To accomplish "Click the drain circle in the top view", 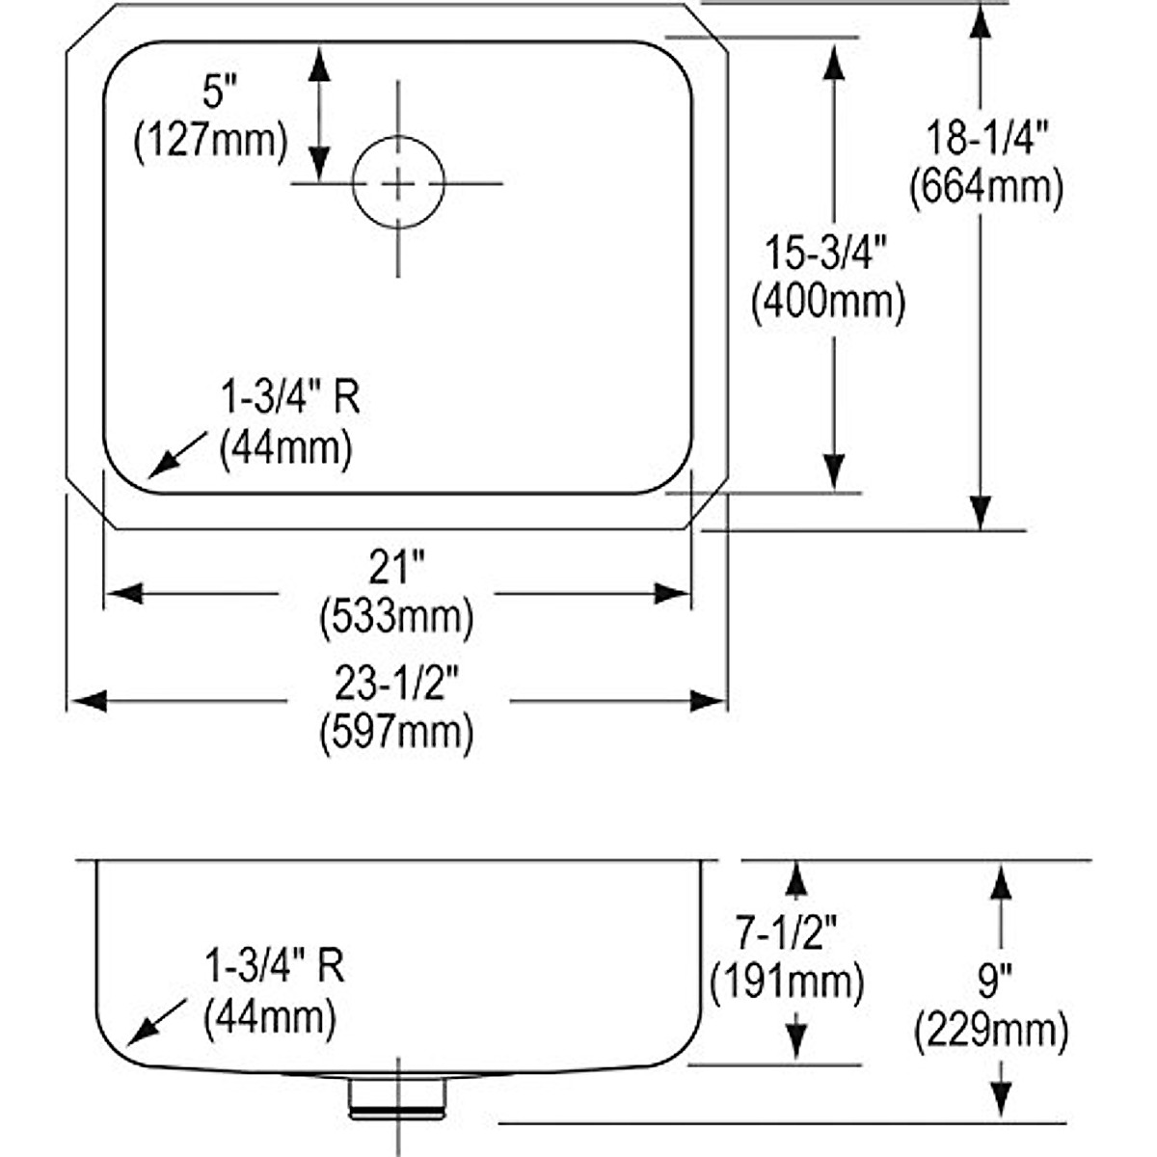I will point(398,182).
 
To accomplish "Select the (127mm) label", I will point(211,141).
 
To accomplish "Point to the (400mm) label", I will point(828,303).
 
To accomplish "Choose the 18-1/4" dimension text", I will point(986,139).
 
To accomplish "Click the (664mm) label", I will point(986,186).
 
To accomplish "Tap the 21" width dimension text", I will point(396,570).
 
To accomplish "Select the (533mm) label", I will point(396,617).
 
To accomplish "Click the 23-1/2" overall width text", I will point(396,686).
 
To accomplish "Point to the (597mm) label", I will point(396,733).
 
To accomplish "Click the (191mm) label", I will point(787,982).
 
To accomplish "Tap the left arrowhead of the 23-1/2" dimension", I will point(88,701).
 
